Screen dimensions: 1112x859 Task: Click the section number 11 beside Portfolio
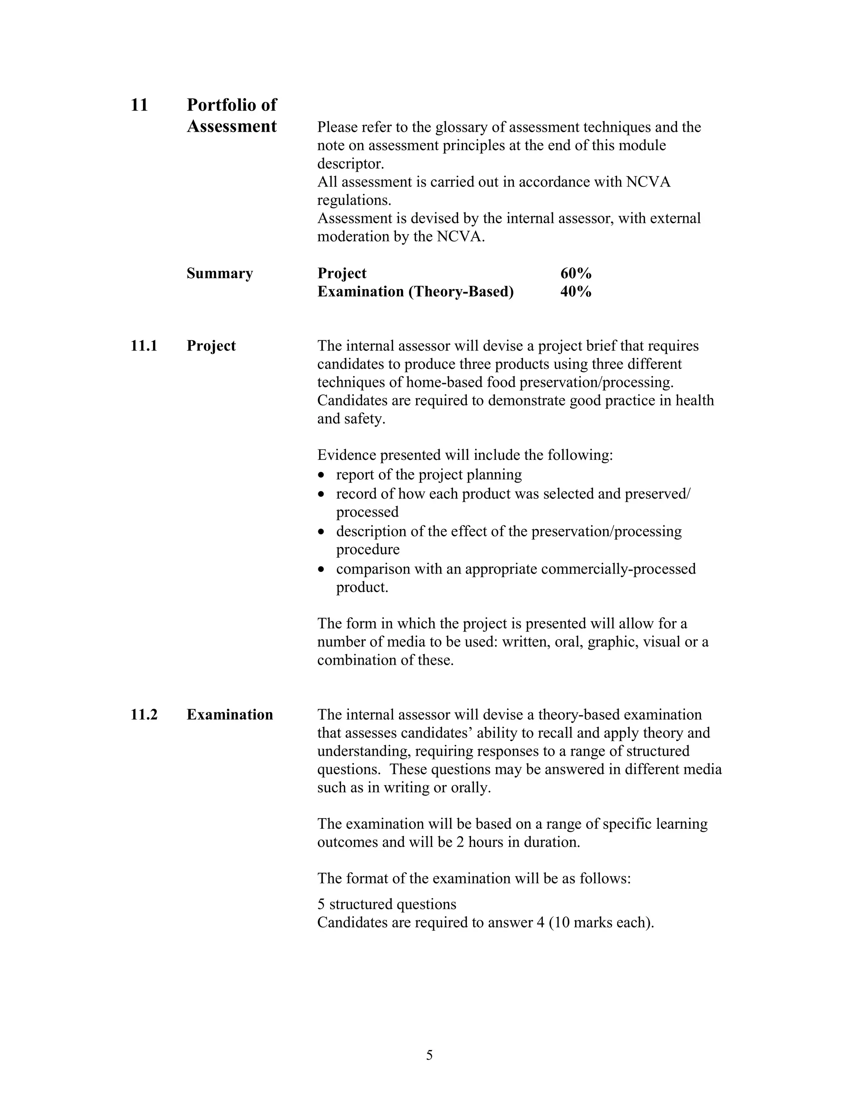139,105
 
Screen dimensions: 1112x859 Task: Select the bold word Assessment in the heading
232,126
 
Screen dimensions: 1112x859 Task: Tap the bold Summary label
219,274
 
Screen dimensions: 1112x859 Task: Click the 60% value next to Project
575,274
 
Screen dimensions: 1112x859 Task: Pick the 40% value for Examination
575,292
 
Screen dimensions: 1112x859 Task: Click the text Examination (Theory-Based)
415,292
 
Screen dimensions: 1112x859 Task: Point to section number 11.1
143,346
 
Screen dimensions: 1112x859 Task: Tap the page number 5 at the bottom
429,1055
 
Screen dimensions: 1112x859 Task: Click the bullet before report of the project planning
320,475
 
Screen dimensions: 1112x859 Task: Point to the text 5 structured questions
387,904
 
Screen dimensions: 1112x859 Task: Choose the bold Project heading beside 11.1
211,346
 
